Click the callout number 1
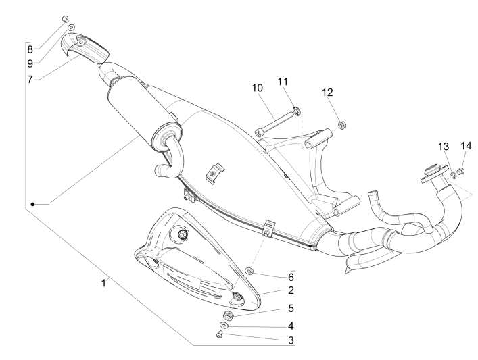tap(103, 284)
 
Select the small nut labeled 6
tap(249, 271)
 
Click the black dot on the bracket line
tap(31, 203)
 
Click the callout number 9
tap(30, 64)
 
